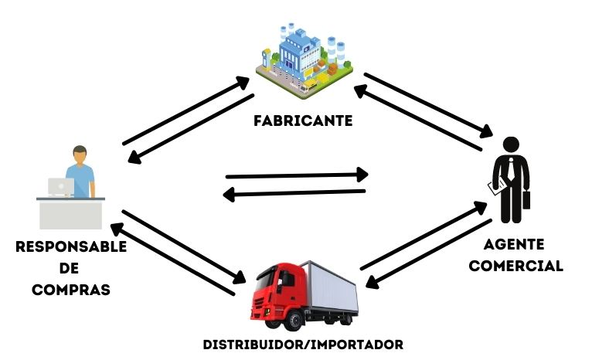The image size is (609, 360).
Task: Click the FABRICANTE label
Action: pyautogui.click(x=303, y=121)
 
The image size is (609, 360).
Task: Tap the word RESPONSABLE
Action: pyautogui.click(x=70, y=247)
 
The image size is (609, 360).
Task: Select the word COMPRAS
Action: pyautogui.click(x=70, y=290)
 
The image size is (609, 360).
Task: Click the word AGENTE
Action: pyautogui.click(x=514, y=244)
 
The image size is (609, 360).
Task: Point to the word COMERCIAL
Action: pyautogui.click(x=515, y=266)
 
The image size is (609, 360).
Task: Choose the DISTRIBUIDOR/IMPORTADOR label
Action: pyautogui.click(x=303, y=343)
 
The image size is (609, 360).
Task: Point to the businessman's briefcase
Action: pyautogui.click(x=527, y=199)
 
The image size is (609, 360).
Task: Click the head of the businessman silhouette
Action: pyautogui.click(x=511, y=144)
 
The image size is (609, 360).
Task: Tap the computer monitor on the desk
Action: pyautogui.click(x=60, y=186)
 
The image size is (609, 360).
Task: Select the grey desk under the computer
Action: pyautogui.click(x=70, y=212)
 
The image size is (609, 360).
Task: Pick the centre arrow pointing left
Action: pyautogui.click(x=294, y=193)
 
